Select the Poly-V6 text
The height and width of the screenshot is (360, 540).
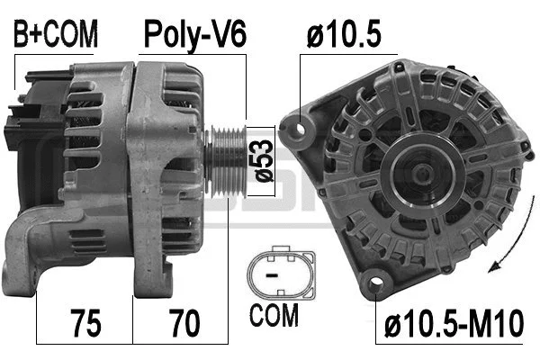(195, 35)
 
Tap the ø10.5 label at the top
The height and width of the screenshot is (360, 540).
(344, 35)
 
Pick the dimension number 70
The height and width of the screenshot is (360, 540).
(184, 320)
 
